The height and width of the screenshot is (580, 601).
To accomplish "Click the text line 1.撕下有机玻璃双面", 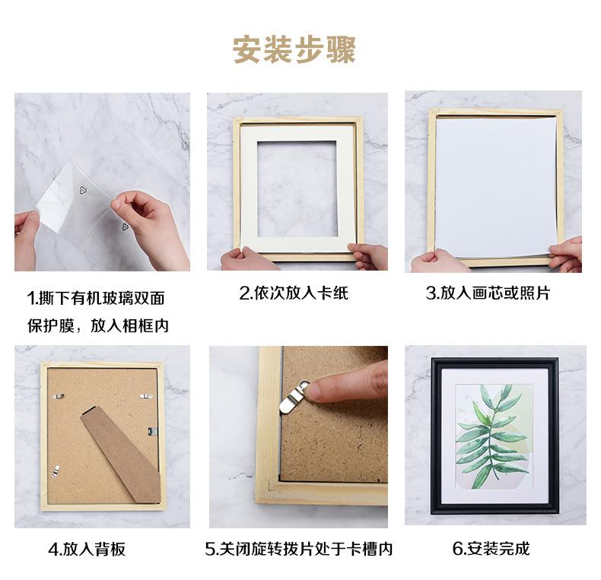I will point(96,298).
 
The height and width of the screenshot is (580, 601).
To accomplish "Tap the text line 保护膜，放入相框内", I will point(98,325).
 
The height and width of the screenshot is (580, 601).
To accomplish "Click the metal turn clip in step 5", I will point(291,398).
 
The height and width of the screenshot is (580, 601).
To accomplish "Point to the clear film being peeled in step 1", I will point(68,198).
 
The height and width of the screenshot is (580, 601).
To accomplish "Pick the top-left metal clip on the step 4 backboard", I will point(58,395).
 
